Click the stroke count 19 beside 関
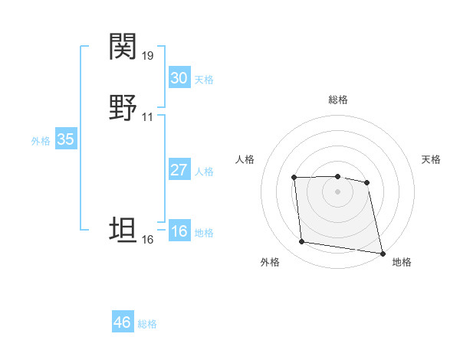(x=148, y=56)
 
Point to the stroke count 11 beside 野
(x=148, y=117)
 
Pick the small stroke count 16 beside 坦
(x=148, y=240)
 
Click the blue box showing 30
(x=179, y=78)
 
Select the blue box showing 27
(x=179, y=170)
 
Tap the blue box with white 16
(x=179, y=232)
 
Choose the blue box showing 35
(x=66, y=139)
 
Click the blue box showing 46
(x=123, y=322)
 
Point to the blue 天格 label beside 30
(x=204, y=80)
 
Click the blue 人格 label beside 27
(x=204, y=172)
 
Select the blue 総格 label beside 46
(x=147, y=324)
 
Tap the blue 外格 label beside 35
(x=41, y=141)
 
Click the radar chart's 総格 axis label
(x=338, y=100)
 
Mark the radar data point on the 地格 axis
(x=382, y=253)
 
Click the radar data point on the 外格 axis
(x=302, y=242)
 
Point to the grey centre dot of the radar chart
(x=338, y=191)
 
